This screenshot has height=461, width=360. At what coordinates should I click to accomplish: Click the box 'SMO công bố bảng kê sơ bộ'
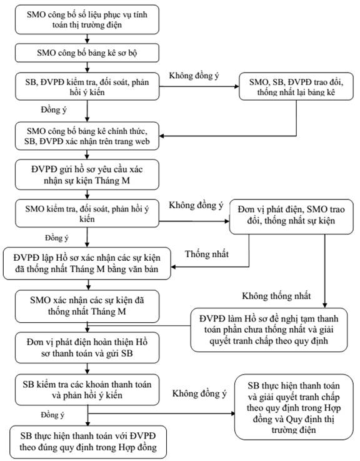(87, 53)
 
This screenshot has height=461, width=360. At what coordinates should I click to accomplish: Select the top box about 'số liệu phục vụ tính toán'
(87, 19)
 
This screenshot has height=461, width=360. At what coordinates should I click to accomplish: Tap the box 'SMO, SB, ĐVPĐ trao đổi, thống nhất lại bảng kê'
(296, 86)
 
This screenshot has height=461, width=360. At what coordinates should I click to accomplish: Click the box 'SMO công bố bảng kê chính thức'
(87, 136)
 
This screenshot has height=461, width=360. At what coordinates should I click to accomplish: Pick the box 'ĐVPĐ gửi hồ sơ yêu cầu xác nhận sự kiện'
(87, 175)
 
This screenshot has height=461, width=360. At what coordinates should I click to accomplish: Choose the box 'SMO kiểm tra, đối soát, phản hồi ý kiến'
(87, 213)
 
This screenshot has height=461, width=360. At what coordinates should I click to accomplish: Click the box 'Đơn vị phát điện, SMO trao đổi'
(291, 216)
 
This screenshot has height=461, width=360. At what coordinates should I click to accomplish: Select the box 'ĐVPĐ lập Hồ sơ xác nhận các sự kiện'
(87, 263)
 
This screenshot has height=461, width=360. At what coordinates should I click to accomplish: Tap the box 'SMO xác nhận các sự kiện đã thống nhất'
(87, 306)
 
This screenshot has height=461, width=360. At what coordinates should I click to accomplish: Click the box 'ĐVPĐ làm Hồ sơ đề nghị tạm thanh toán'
(269, 330)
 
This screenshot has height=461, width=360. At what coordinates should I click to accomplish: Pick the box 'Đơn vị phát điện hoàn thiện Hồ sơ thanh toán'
(87, 348)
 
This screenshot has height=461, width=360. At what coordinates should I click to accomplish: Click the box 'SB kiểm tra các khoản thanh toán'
(87, 390)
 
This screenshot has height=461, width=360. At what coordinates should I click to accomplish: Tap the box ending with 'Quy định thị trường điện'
(294, 407)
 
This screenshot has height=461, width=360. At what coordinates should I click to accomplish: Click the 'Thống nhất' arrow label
(207, 254)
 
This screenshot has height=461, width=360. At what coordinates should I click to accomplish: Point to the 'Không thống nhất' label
(276, 296)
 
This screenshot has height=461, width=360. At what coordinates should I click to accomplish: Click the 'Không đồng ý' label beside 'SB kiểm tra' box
(199, 393)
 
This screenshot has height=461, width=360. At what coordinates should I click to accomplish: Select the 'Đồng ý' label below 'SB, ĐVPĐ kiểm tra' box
(54, 110)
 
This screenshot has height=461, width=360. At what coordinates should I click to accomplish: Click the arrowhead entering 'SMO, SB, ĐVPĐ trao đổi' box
(237, 86)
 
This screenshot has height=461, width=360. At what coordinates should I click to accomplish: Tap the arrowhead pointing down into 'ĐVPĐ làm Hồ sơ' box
(325, 305)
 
